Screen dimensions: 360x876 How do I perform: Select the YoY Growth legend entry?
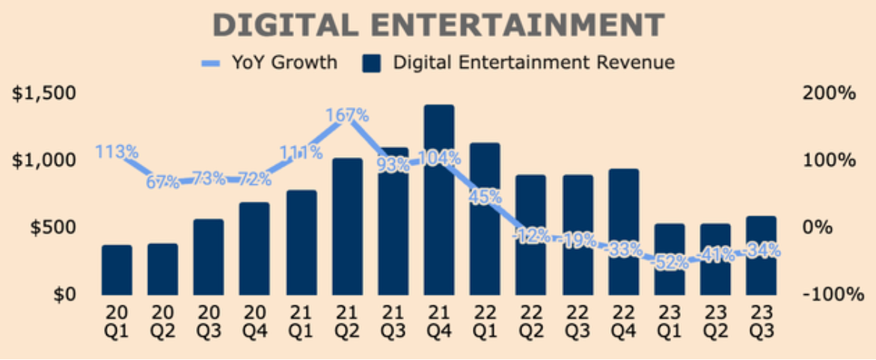(x=269, y=63)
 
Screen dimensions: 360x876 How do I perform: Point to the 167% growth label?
(x=347, y=116)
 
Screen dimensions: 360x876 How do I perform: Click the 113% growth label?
(x=117, y=152)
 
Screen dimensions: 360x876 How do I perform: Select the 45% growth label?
(x=485, y=197)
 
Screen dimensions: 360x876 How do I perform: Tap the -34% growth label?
(x=762, y=251)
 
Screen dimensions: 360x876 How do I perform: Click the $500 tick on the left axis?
(x=50, y=228)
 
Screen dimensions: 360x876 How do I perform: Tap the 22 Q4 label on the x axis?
(x=623, y=320)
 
